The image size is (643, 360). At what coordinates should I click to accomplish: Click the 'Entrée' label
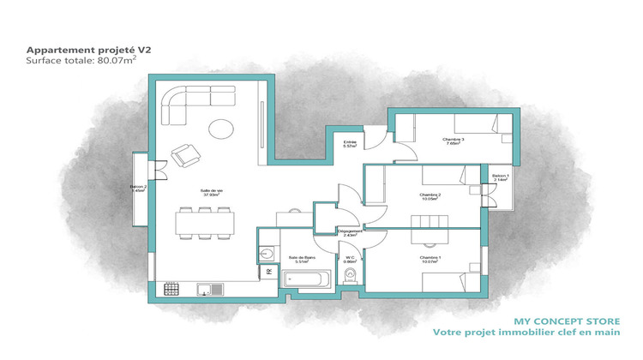(350, 143)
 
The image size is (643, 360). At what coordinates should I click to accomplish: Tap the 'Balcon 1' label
(500, 177)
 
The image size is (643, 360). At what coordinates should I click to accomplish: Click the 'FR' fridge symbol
(267, 272)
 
